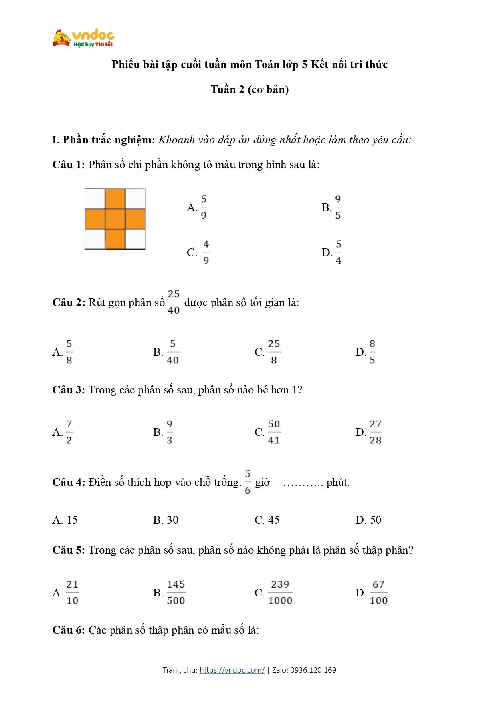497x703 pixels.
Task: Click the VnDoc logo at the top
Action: (83, 38)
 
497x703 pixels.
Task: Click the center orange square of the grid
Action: (115, 219)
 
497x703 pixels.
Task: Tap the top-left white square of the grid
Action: (95, 198)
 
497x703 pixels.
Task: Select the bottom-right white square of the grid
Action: (135, 239)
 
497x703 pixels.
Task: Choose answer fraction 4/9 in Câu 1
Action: (206, 252)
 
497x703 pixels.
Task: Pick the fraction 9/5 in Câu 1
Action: (338, 207)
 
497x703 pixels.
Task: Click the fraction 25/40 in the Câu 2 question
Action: (174, 302)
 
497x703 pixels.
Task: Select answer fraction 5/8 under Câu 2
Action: (69, 352)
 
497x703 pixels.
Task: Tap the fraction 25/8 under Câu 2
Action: (274, 352)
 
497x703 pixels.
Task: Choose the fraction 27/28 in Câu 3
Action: (375, 432)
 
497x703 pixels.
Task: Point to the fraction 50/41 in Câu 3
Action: (274, 432)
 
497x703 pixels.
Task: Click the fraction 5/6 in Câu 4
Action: (248, 482)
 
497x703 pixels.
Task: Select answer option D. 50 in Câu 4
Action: (368, 520)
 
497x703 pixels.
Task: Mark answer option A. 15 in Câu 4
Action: (65, 520)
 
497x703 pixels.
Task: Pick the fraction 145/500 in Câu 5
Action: (176, 592)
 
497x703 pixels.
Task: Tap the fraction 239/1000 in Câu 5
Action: (280, 592)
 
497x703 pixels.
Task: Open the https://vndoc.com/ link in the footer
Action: (232, 670)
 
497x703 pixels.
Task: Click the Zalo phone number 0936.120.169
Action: (313, 670)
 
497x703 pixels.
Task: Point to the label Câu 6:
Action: (69, 630)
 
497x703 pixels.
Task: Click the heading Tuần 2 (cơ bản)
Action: (249, 89)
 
